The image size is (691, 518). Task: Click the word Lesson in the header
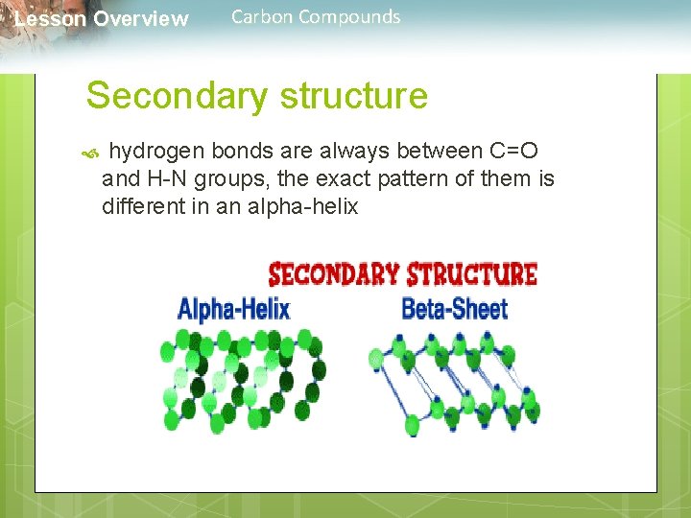[x=50, y=19]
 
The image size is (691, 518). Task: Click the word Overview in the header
[x=141, y=19]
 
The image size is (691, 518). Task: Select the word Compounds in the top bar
[x=349, y=16]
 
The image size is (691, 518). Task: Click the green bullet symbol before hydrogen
[x=92, y=152]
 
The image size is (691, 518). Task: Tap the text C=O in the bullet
[x=513, y=152]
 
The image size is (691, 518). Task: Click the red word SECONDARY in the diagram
[x=333, y=273]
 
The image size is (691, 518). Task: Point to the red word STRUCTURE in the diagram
[x=471, y=273]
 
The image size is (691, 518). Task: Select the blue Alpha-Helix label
[x=233, y=308]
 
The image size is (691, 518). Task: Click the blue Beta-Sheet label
[x=454, y=308]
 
